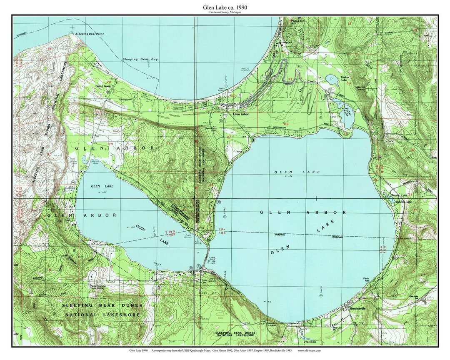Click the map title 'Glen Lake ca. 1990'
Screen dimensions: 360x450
click(225, 7)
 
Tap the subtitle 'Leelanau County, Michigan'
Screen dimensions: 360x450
click(225, 12)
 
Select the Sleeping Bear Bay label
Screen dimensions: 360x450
click(140, 60)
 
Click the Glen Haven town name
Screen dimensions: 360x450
click(103, 86)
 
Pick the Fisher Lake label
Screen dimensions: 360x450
click(347, 112)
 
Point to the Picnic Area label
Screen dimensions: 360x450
click(366, 280)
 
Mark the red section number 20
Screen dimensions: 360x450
click(109, 82)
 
